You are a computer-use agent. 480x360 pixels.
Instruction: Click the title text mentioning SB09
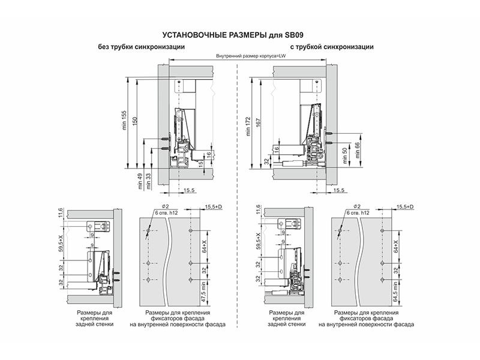(233, 35)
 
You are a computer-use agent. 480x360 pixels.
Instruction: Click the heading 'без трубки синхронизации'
(142, 47)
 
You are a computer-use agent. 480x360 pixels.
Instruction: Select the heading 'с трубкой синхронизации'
(332, 47)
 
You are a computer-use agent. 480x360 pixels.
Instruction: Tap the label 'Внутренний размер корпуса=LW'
(247, 56)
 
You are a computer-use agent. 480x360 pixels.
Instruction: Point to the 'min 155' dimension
(124, 119)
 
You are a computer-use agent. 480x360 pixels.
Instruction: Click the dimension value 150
(134, 121)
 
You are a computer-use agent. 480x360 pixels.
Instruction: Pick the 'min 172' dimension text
(248, 126)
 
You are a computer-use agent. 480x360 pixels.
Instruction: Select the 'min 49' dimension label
(140, 181)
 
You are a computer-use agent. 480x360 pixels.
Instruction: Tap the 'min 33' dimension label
(149, 181)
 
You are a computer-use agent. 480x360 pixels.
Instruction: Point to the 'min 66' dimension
(357, 150)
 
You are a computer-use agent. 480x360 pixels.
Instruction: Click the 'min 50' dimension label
(344, 155)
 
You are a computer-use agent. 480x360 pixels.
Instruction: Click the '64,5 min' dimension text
(395, 292)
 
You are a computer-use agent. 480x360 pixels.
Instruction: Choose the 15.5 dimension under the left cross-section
(189, 190)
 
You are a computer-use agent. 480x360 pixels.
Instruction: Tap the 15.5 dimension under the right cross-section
(338, 190)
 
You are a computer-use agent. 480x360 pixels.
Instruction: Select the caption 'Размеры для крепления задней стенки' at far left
(94, 319)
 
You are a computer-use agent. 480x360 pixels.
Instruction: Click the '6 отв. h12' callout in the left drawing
(166, 213)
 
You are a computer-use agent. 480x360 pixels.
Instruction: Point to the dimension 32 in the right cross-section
(266, 161)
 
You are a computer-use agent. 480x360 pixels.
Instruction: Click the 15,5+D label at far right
(405, 207)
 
